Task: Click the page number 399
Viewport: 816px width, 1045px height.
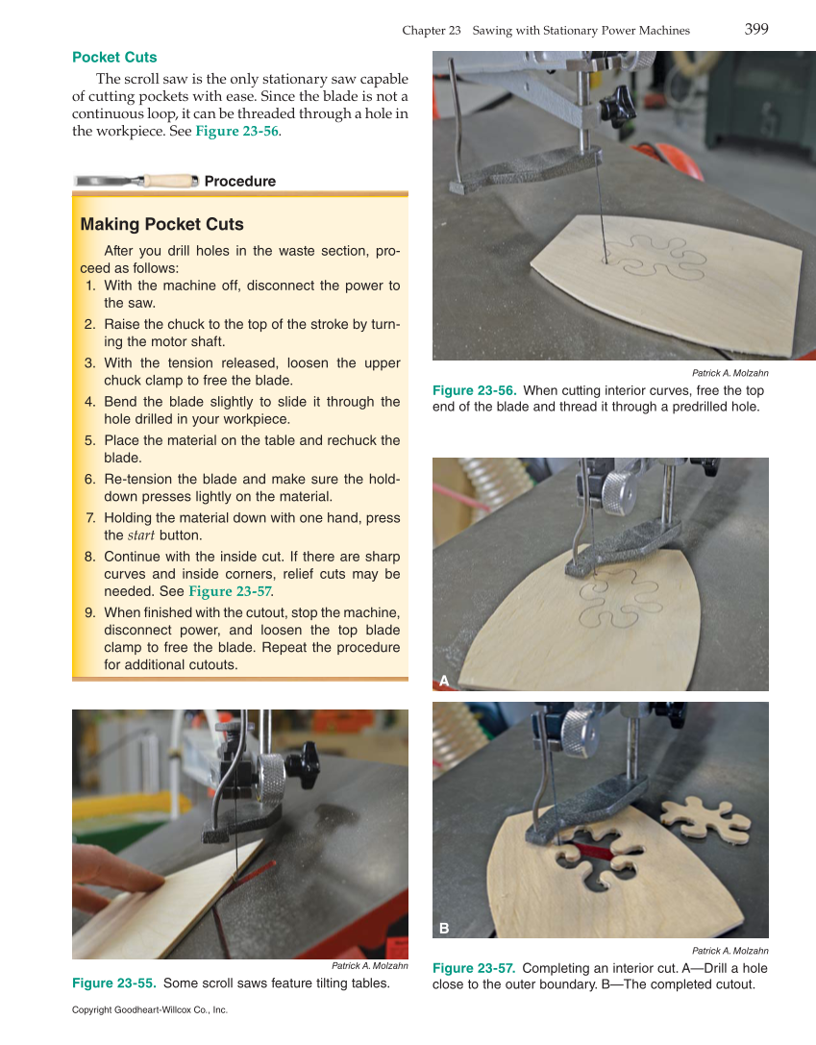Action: pos(755,29)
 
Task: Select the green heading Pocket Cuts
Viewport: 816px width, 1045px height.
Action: pos(114,58)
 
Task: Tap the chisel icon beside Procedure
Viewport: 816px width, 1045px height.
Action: pos(136,181)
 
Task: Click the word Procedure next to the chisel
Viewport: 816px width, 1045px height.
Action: pos(239,182)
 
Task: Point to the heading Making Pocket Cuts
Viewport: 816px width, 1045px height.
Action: pos(161,224)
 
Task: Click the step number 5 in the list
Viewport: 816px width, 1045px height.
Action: pos(89,440)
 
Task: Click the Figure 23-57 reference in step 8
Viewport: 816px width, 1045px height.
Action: pos(230,591)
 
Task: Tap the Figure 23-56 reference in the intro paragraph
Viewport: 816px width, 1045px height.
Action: pos(236,131)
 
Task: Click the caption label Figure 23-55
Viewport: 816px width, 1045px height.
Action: pos(114,983)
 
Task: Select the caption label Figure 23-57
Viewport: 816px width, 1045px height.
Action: pos(474,968)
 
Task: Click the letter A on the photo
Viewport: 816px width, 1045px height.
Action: pos(443,681)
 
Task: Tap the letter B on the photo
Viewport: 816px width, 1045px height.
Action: pos(443,928)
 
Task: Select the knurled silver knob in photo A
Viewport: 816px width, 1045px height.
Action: pos(616,491)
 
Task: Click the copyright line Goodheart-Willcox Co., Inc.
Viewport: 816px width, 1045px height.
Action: pos(149,1010)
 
